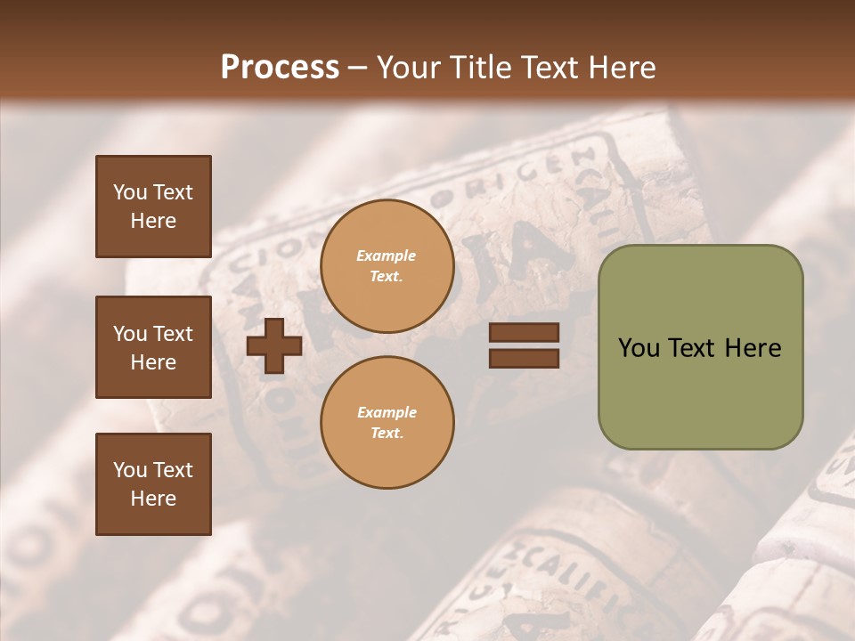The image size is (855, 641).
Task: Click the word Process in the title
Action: point(280,68)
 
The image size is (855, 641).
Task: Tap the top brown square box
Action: point(153,207)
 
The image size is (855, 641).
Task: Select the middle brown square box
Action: point(153,347)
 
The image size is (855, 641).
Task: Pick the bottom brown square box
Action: point(153,483)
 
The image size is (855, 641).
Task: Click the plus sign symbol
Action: point(273,345)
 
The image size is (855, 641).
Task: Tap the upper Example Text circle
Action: point(387,266)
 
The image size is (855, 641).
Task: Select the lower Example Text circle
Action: point(387,423)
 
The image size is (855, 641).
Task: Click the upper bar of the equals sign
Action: point(524,332)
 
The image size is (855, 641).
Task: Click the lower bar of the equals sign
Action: point(524,358)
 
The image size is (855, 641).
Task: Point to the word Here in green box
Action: point(753,348)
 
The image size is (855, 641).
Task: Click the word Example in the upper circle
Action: point(387,256)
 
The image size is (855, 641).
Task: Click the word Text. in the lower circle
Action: point(387,434)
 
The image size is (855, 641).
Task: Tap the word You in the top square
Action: point(130,192)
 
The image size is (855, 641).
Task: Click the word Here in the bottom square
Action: point(153,499)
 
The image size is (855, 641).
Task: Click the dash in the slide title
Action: point(358,69)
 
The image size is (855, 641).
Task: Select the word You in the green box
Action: point(639,348)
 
